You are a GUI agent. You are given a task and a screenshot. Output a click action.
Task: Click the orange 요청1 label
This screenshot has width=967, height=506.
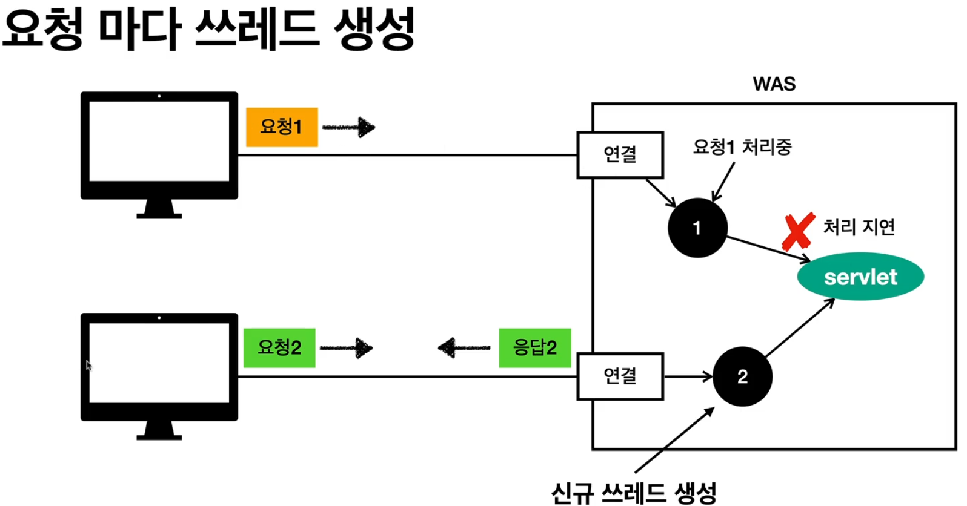pos(282,126)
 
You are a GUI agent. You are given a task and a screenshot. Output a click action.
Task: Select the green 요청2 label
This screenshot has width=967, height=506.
pos(279,347)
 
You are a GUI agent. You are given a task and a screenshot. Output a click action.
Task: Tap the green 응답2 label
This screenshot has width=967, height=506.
pos(534,347)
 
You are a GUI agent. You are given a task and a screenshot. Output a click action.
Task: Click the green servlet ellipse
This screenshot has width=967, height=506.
pos(860,277)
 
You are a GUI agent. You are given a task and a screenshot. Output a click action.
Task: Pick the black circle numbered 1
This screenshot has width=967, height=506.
pos(697,228)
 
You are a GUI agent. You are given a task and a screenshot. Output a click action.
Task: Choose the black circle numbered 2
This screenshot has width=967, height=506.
pos(742,376)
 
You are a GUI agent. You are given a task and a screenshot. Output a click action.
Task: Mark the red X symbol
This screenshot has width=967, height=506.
pos(798,232)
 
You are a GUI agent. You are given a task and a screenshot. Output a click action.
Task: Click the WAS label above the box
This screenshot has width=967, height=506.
pos(774,84)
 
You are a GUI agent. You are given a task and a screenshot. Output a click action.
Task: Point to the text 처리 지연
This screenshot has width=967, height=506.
pos(859,227)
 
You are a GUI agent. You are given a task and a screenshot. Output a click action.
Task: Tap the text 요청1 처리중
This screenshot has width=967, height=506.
pos(742,146)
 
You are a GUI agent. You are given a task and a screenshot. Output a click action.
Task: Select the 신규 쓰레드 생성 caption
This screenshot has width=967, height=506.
pos(634,493)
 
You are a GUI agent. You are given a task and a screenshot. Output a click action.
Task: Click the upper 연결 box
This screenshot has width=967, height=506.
pos(620,154)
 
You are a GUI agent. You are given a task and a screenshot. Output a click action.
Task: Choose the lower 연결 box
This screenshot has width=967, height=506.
pos(620,376)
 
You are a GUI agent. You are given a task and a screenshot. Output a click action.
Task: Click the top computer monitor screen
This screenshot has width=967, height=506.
pos(159,141)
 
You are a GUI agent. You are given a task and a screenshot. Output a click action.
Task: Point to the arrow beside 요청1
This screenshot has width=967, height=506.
pos(349,127)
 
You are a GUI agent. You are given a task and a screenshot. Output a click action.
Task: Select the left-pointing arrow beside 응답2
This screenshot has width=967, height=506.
pos(464,347)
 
